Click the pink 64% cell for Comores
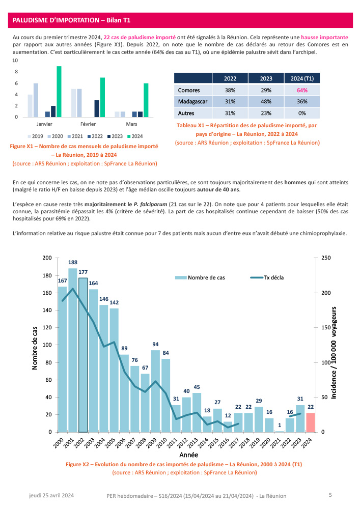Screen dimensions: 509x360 pos(302,90)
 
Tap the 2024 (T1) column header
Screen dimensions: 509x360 pos(302,79)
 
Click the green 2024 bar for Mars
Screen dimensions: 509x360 pos(146,100)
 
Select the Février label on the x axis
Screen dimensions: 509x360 pos(89,124)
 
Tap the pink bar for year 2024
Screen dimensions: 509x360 pos(311,422)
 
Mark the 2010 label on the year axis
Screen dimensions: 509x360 pos(164,441)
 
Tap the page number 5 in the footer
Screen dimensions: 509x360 pos(330,495)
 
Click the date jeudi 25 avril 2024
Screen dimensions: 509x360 pos(51,495)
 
